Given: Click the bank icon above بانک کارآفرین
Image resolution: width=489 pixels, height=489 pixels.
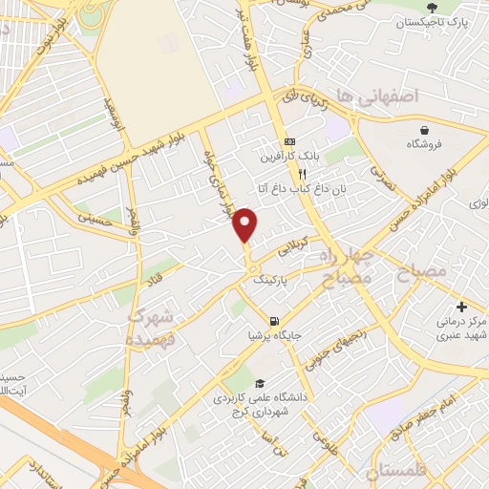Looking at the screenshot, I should tap(289, 142).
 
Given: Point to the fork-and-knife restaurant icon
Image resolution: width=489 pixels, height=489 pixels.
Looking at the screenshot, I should tap(302, 174).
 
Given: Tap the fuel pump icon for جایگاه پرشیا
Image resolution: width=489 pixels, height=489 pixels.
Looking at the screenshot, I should tap(275, 321).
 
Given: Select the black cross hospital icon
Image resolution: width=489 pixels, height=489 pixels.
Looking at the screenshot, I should tap(462, 308).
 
